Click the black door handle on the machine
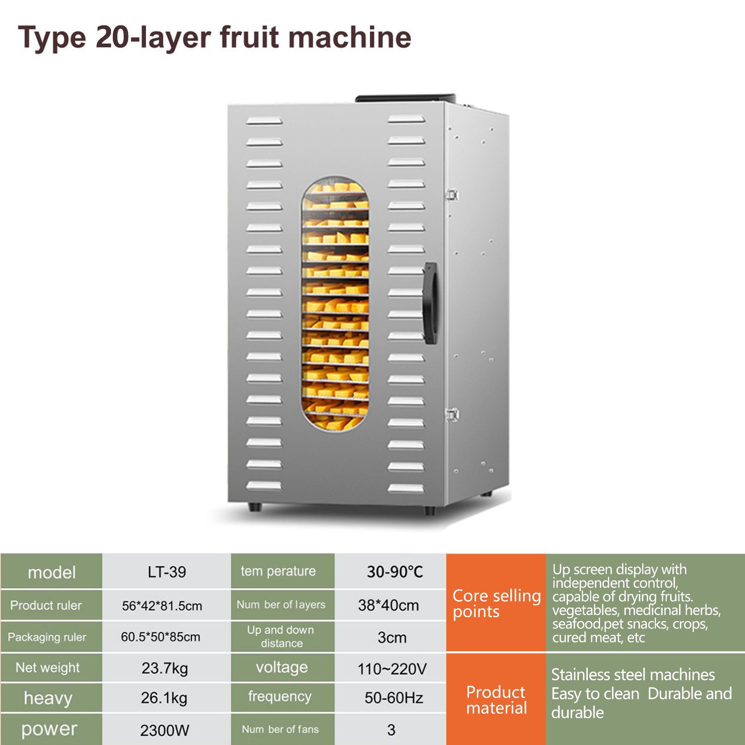pos(431,303)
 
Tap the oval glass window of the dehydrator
pos(335,305)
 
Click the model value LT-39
pos(167,572)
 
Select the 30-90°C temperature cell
pos(395,572)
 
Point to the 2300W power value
pos(165,730)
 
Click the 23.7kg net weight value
pos(165,668)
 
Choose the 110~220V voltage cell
pos(392,669)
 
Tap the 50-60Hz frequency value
pos(393,698)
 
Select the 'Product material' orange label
pos(496,700)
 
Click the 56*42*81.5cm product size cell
pos(162,606)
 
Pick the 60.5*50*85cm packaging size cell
pos(161,637)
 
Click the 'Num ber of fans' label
pos(280,729)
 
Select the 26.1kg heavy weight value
pos(164,698)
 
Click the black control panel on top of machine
pos(405,98)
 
